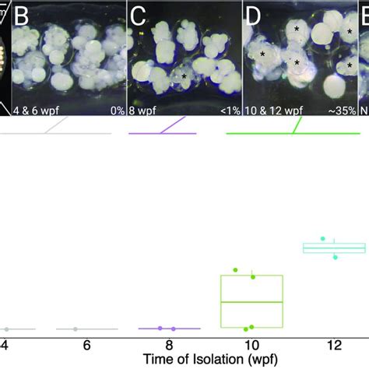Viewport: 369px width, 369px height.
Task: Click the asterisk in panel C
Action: tap(184, 76)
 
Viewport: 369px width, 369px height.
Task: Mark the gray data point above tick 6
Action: tap(75, 329)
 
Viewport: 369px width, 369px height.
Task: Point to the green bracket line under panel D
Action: tap(292, 133)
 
